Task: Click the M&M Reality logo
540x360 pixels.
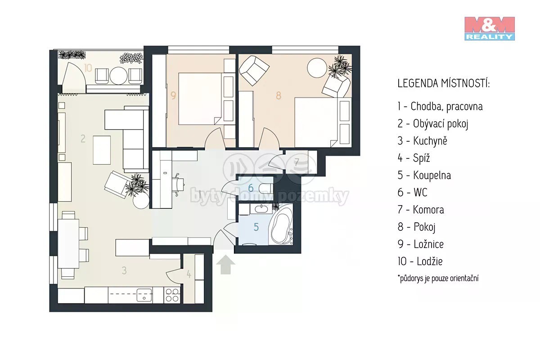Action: (x=490, y=28)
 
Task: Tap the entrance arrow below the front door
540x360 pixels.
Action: (x=225, y=265)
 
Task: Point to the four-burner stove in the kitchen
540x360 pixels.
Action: (x=172, y=295)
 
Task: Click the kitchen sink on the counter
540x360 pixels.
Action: (x=144, y=295)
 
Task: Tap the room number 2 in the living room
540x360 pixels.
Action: (x=83, y=139)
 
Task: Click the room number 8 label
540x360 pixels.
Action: (x=279, y=95)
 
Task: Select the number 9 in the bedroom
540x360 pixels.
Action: (x=173, y=95)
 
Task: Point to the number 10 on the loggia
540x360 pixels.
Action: (x=88, y=68)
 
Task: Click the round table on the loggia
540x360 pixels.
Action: (x=118, y=76)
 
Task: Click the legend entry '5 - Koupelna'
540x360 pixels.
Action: (x=424, y=175)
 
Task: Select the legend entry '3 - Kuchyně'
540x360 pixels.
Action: (x=423, y=141)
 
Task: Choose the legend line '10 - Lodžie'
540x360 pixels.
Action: (x=420, y=261)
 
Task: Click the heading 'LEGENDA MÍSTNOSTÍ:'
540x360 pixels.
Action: (x=444, y=83)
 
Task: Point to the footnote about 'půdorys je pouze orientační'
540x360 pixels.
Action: (x=438, y=279)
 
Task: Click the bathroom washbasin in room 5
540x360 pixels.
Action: (x=261, y=209)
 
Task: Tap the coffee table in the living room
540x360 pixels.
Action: (x=102, y=150)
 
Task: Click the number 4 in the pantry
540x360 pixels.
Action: (x=189, y=274)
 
